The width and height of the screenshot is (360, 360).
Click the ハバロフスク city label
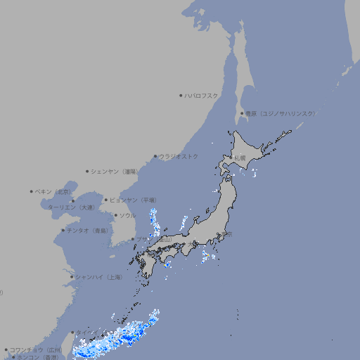202,96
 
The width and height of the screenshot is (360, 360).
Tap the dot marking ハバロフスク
181,96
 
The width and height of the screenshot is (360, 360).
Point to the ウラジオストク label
179,156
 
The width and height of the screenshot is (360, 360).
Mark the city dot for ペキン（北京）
32,191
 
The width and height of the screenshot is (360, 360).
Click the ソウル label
127,215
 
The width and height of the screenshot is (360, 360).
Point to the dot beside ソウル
115,215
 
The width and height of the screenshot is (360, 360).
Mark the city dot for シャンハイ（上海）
72,277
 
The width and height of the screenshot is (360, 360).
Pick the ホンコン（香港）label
38,357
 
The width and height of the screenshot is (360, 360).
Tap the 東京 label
225,235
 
